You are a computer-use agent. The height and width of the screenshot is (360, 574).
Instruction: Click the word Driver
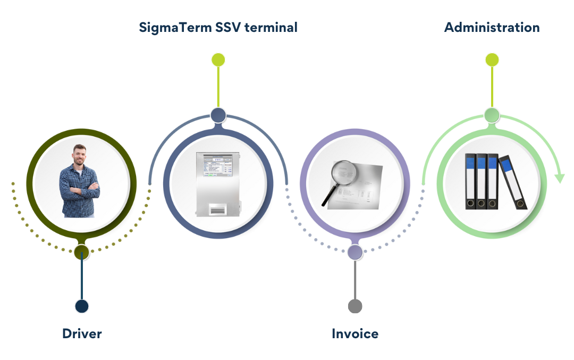(x=82, y=333)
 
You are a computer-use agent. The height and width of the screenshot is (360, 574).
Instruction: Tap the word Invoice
(x=355, y=333)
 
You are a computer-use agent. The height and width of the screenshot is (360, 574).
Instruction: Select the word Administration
(x=492, y=28)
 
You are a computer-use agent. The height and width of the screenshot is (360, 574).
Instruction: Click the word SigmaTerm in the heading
(x=175, y=28)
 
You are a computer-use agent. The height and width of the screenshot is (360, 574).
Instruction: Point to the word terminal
(x=271, y=28)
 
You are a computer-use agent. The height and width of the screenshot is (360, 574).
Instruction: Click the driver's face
(x=79, y=155)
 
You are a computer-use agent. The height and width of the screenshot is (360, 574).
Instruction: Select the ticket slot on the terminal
(x=218, y=210)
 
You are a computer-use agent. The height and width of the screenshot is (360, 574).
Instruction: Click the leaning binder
(x=512, y=182)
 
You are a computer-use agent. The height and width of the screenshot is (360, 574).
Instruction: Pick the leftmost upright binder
(x=471, y=181)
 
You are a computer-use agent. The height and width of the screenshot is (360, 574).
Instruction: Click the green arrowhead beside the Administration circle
(x=560, y=178)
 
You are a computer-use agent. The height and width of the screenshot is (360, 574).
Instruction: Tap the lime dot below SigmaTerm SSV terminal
(x=218, y=60)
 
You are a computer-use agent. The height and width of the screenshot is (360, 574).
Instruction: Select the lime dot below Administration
(x=492, y=60)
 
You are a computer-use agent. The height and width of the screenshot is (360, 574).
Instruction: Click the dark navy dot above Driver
(x=82, y=306)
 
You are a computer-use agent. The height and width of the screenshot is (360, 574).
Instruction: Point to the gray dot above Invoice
(x=354, y=306)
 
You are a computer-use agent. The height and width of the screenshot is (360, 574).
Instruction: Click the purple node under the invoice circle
(x=354, y=252)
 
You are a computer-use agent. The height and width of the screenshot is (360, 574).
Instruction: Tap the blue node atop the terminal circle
(x=218, y=115)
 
